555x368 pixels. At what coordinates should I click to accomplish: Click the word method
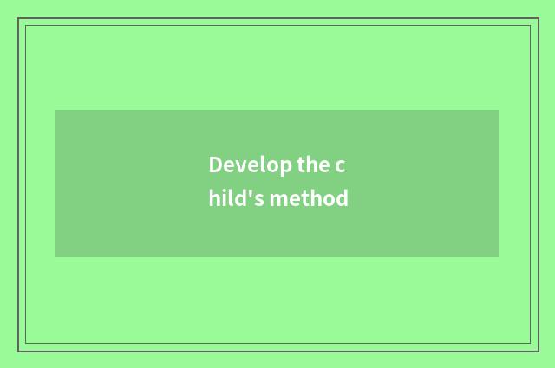click(x=309, y=198)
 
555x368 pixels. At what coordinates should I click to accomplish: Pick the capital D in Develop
click(x=215, y=165)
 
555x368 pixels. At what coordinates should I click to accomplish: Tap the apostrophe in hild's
click(x=251, y=193)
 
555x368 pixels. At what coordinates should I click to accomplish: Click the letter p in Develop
click(x=284, y=167)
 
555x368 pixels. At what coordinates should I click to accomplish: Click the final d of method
click(x=343, y=198)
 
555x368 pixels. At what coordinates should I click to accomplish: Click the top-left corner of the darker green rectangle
click(x=55, y=110)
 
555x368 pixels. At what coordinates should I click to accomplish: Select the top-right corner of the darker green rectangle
click(x=499, y=110)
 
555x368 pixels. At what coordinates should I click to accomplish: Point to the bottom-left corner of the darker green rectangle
click(x=55, y=257)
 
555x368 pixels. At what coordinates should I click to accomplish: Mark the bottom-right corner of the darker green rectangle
click(x=499, y=257)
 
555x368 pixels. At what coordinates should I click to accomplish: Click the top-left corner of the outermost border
click(x=18, y=18)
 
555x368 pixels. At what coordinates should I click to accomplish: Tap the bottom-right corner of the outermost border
click(x=538, y=351)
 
